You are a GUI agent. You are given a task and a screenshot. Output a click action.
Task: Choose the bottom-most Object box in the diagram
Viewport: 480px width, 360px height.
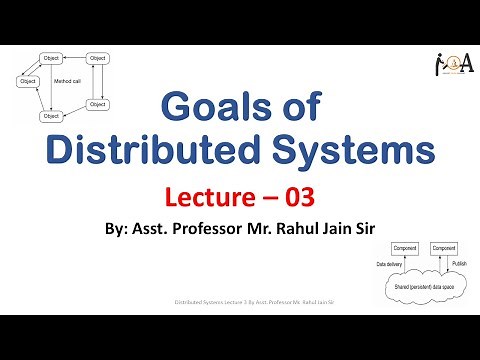pos(50,117)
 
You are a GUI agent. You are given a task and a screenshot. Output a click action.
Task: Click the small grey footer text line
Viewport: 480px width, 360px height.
pos(239,300)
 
